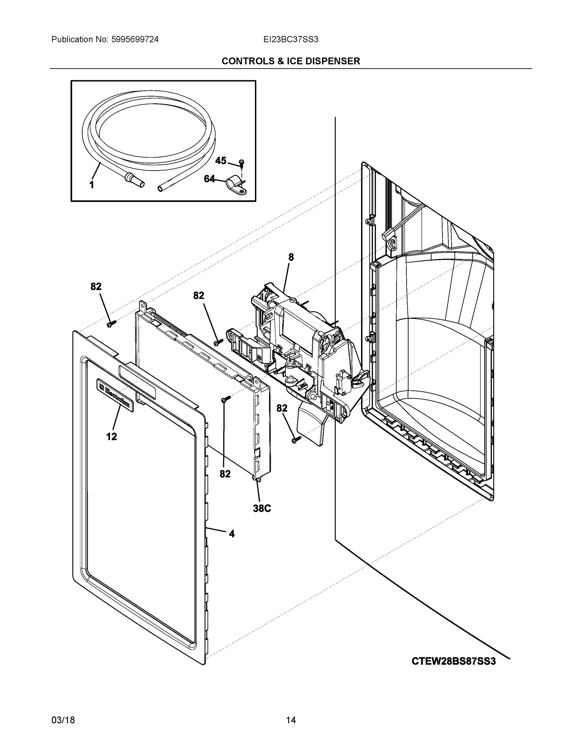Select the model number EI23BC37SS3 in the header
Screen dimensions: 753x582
coord(291,40)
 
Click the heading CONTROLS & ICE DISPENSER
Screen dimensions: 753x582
coord(291,61)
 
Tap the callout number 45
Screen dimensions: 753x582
coord(221,161)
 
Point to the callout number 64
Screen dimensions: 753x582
coord(209,179)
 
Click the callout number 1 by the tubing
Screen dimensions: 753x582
coord(92,185)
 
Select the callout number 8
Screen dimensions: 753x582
coord(291,257)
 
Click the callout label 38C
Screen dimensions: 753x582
coord(262,508)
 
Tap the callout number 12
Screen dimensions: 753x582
coord(111,437)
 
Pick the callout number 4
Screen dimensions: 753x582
coord(232,534)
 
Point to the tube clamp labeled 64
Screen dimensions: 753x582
coord(237,186)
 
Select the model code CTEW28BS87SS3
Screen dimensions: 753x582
coord(454,661)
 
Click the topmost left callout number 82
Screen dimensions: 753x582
coord(96,286)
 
